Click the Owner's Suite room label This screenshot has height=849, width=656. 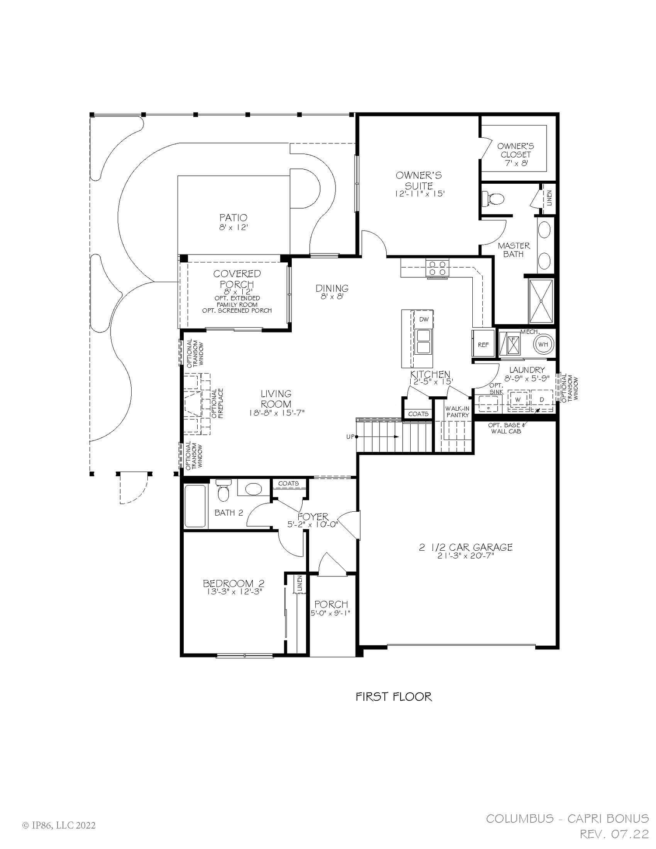click(x=419, y=180)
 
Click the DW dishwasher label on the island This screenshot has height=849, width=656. click(x=424, y=319)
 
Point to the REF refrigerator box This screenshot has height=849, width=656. click(x=483, y=344)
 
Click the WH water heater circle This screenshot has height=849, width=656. click(x=543, y=344)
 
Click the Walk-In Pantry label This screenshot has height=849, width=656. click(x=457, y=412)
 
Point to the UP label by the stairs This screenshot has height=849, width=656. click(x=350, y=437)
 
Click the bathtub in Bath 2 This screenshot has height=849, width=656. click(x=195, y=506)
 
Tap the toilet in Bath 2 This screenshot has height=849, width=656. click(x=223, y=492)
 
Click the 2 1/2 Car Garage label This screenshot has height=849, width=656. click(x=465, y=547)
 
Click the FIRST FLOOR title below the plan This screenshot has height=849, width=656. click(x=394, y=697)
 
